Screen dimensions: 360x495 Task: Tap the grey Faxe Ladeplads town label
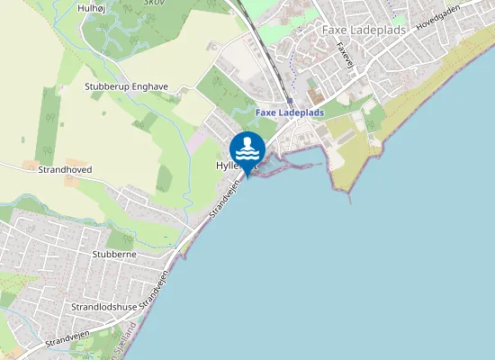click(x=364, y=30)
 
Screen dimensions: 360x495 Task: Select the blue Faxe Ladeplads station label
click(x=289, y=112)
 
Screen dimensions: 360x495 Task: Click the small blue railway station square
click(x=289, y=101)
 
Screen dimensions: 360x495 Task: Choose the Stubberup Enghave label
click(x=126, y=87)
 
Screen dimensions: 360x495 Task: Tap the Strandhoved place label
click(x=64, y=169)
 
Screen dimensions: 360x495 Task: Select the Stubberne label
click(x=113, y=256)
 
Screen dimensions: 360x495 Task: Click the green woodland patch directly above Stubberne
click(x=120, y=239)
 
